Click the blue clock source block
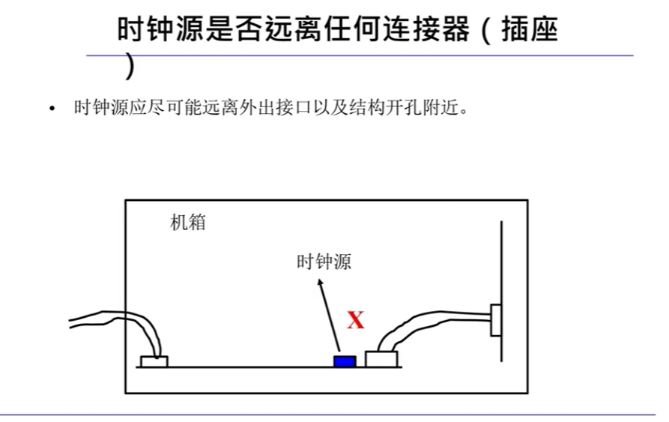[344, 361]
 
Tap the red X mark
[356, 321]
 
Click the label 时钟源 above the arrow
[324, 262]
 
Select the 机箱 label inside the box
[188, 223]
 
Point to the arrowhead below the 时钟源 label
[321, 283]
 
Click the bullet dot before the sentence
[52, 109]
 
